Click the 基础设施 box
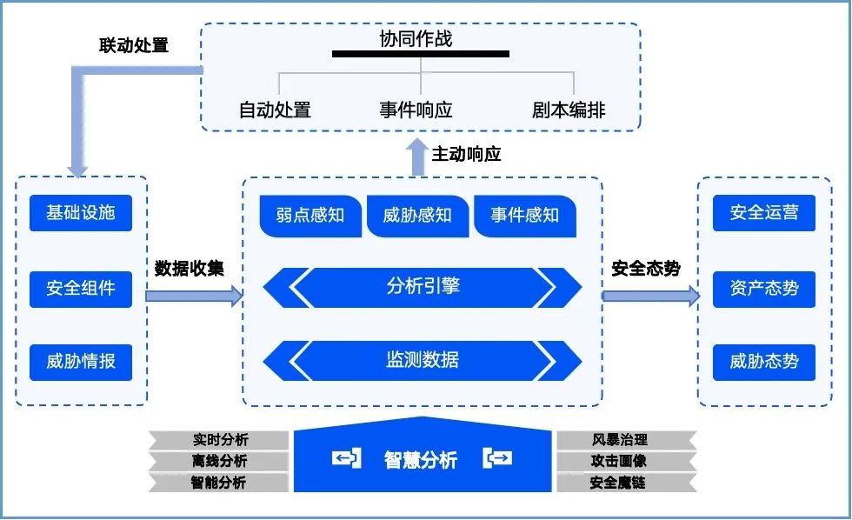pyautogui.click(x=80, y=213)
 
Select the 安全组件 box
pyautogui.click(x=80, y=288)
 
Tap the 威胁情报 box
pyautogui.click(x=80, y=362)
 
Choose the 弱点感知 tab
pyautogui.click(x=310, y=216)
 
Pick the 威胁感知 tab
pyautogui.click(x=417, y=216)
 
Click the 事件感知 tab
pyautogui.click(x=524, y=216)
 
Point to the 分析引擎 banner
pyautogui.click(x=423, y=287)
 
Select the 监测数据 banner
pyautogui.click(x=423, y=360)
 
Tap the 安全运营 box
pyautogui.click(x=764, y=213)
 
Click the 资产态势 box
pyautogui.click(x=764, y=288)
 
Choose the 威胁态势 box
pyautogui.click(x=764, y=362)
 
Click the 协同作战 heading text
pyautogui.click(x=416, y=39)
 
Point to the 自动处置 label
pyautogui.click(x=275, y=110)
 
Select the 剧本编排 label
pyautogui.click(x=569, y=110)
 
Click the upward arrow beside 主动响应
pyautogui.click(x=417, y=157)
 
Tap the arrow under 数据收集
pyautogui.click(x=193, y=297)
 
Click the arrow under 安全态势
pyautogui.click(x=650, y=297)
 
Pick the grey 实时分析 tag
pyautogui.click(x=219, y=440)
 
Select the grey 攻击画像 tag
pyautogui.click(x=619, y=461)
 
